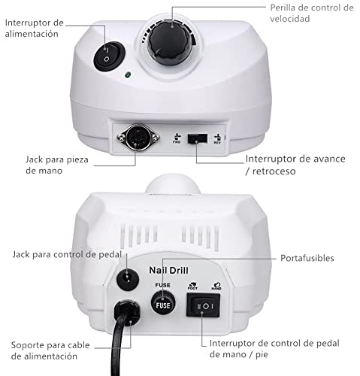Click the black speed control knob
coord(171,44)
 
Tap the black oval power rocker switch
coord(109,56)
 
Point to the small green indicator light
coord(128,74)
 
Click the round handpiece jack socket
coord(138,137)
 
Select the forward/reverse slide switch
coord(198,138)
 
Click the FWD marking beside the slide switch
coord(177,138)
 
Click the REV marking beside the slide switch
coord(217,139)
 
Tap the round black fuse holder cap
coord(163,303)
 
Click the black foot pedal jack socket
coord(128,279)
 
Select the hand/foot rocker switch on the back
coord(203,305)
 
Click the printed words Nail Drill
coord(168,270)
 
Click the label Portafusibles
coord(307,258)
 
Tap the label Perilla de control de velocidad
coord(312,13)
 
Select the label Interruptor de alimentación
coord(34,28)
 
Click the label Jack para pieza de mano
coord(57,165)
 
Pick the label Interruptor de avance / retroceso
coord(295,165)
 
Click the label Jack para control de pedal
coord(67,255)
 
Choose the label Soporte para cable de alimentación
coord(50,350)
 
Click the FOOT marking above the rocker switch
coord(192,287)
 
